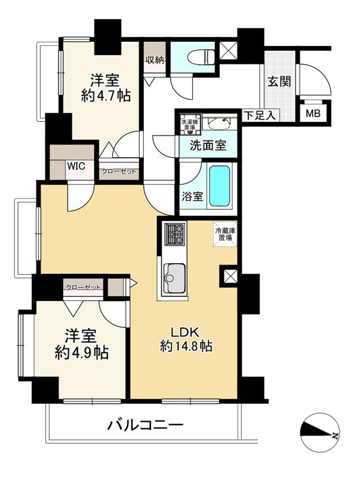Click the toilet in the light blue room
[200, 57]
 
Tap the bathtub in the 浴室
[219, 186]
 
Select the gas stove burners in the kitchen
[174, 234]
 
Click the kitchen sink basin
[174, 278]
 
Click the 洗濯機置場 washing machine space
[190, 124]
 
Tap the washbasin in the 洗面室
[220, 122]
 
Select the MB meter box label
[313, 114]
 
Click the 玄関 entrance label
[279, 82]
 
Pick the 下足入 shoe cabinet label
[260, 116]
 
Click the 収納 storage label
[155, 60]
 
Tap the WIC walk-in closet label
[76, 166]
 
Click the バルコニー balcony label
[145, 425]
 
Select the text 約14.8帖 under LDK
[186, 346]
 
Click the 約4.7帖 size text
[106, 96]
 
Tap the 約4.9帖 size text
[81, 353]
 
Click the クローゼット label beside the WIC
[119, 171]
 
